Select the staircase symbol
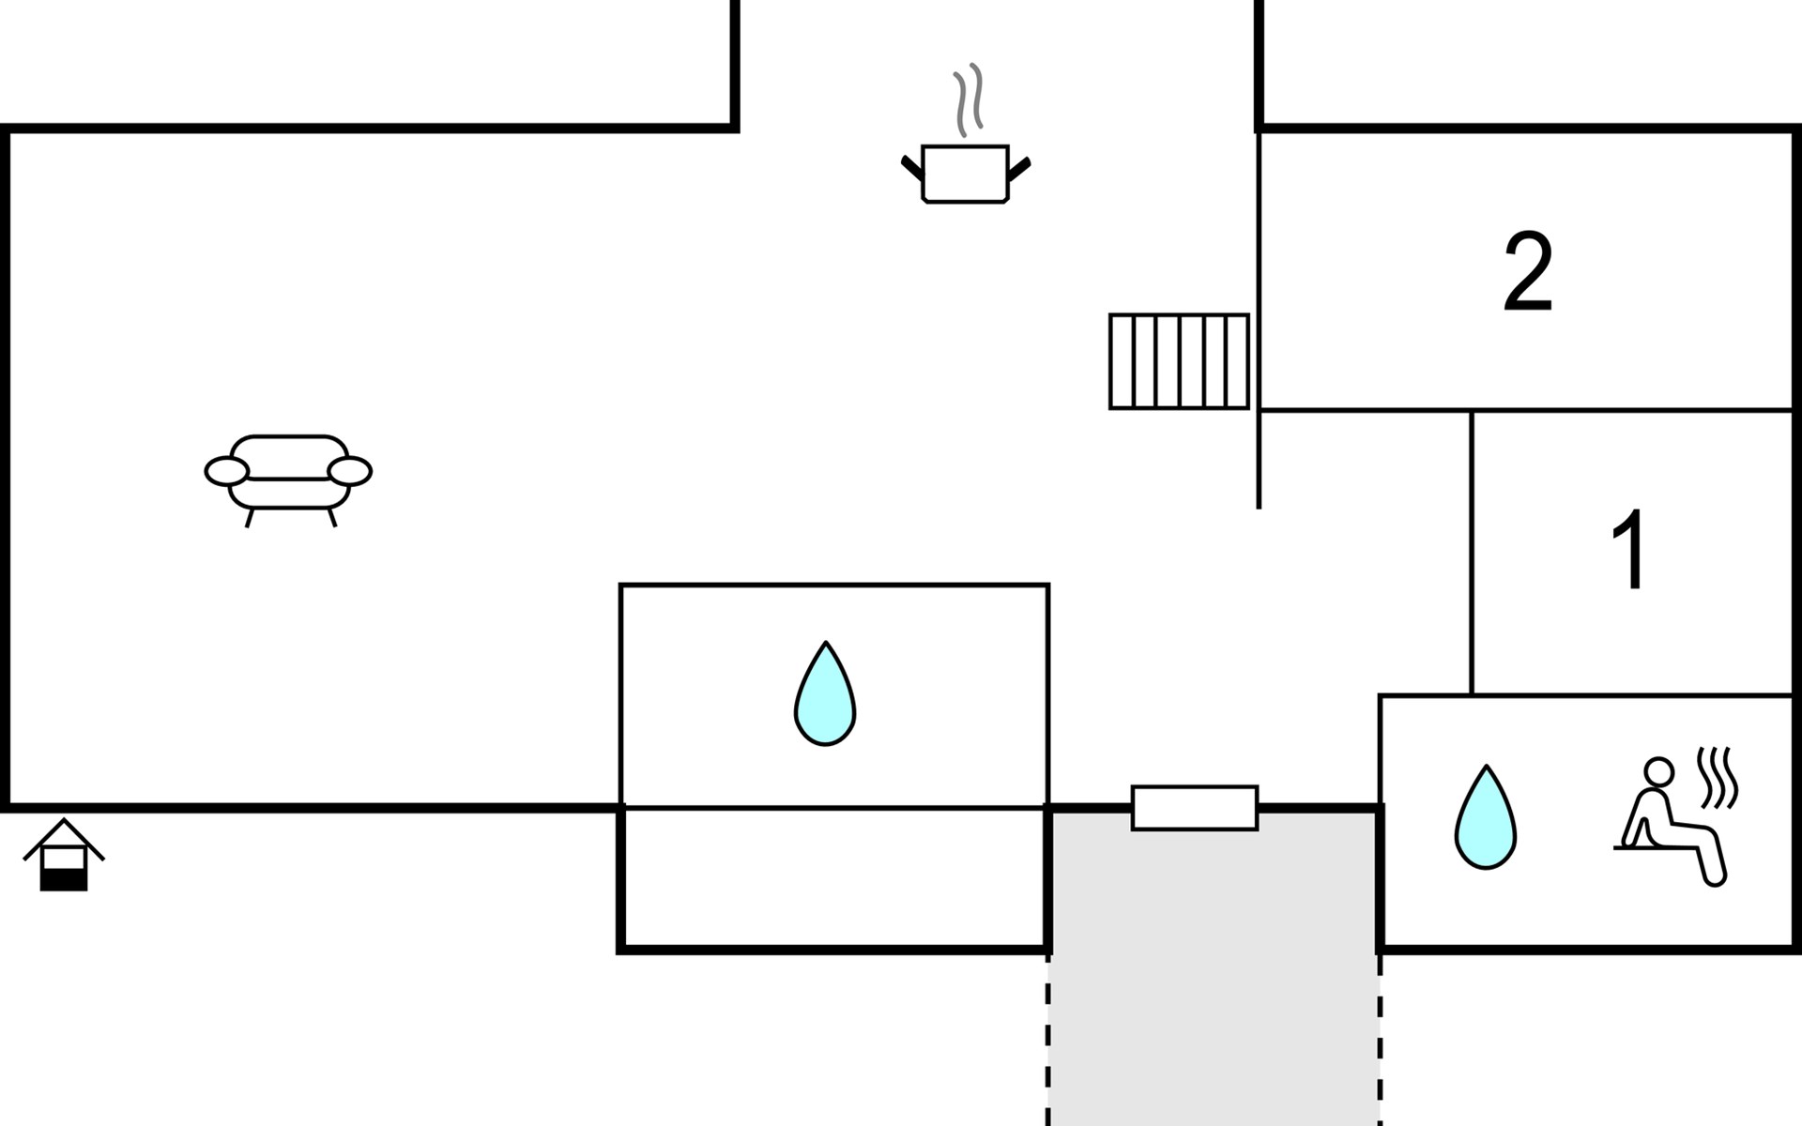1179,361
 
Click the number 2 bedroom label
1528,272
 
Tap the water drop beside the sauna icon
1486,817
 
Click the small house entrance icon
64,855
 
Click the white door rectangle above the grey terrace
1195,808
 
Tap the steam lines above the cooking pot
969,99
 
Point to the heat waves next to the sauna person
1718,778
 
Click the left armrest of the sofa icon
227,472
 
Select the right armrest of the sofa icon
350,471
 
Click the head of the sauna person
1659,771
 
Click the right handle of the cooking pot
1019,169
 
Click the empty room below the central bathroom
834,878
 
